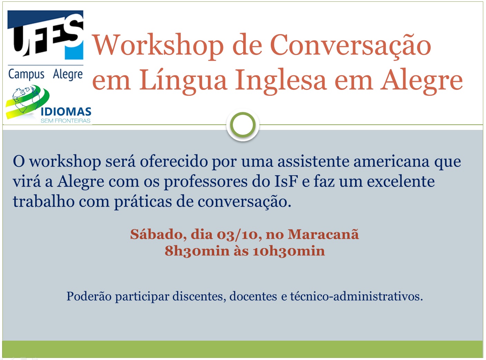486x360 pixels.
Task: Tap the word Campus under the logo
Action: point(26,74)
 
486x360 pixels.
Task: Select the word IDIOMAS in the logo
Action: point(66,112)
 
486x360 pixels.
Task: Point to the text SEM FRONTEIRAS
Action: point(66,121)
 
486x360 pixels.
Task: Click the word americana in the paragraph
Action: point(391,162)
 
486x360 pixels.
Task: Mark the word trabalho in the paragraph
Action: point(44,201)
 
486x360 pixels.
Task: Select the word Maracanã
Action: point(323,234)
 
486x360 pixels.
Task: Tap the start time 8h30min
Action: point(197,251)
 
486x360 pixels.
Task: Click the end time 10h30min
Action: point(288,251)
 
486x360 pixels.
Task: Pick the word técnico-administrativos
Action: point(356,296)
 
